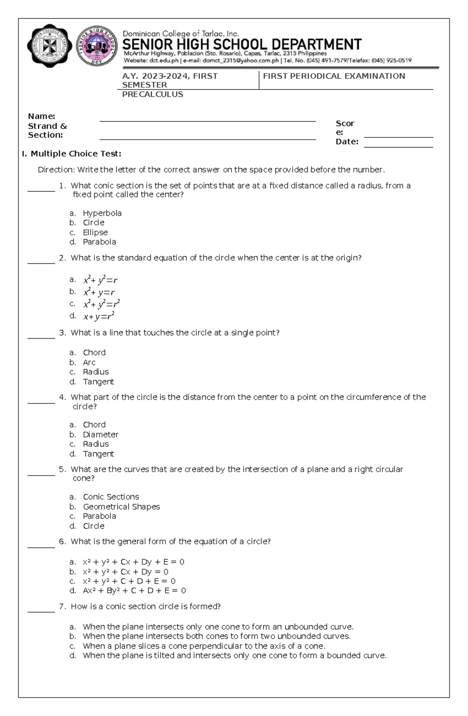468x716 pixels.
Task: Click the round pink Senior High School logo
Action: pyautogui.click(x=96, y=46)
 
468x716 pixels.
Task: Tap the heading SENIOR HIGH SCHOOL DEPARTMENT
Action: pyautogui.click(x=242, y=44)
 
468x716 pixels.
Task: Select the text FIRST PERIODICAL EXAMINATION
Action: pyautogui.click(x=334, y=76)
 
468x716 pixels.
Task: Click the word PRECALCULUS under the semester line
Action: pyautogui.click(x=152, y=94)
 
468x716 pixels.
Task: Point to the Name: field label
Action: pyautogui.click(x=41, y=116)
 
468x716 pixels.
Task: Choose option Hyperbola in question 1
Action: pyautogui.click(x=102, y=213)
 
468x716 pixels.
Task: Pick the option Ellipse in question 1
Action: pyautogui.click(x=95, y=232)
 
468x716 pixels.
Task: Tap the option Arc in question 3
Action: pyautogui.click(x=89, y=362)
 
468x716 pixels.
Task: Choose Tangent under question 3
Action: pyautogui.click(x=98, y=382)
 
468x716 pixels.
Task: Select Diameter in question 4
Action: pyautogui.click(x=101, y=434)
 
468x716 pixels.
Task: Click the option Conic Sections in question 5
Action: pyautogui.click(x=111, y=497)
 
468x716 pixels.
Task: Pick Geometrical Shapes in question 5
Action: pyautogui.click(x=121, y=506)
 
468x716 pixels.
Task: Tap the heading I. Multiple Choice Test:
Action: pyautogui.click(x=71, y=154)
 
